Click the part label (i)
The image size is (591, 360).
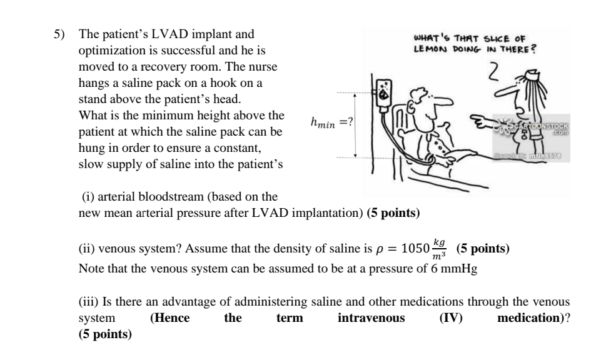pos(89,198)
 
